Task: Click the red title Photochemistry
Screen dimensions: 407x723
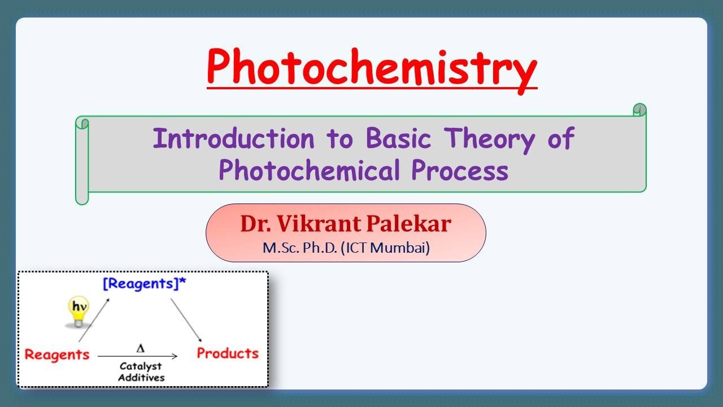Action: (372, 67)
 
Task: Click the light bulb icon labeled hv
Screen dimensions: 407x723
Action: (78, 312)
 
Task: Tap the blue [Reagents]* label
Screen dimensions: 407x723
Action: (144, 284)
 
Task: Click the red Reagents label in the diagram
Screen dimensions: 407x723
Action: (57, 354)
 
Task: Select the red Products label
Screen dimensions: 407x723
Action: (227, 353)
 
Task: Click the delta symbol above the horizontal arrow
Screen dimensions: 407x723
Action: (140, 347)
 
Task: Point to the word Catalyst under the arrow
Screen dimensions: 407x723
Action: (141, 366)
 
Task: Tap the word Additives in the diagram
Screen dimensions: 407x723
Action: (141, 377)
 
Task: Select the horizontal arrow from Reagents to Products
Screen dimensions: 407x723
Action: (138, 356)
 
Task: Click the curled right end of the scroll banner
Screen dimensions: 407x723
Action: (639, 110)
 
